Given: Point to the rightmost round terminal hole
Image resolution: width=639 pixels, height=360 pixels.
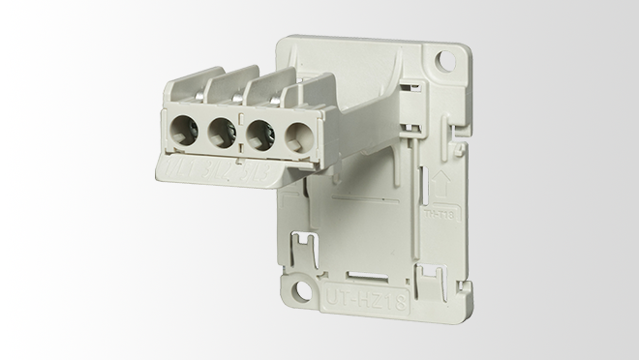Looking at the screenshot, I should (297, 135).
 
